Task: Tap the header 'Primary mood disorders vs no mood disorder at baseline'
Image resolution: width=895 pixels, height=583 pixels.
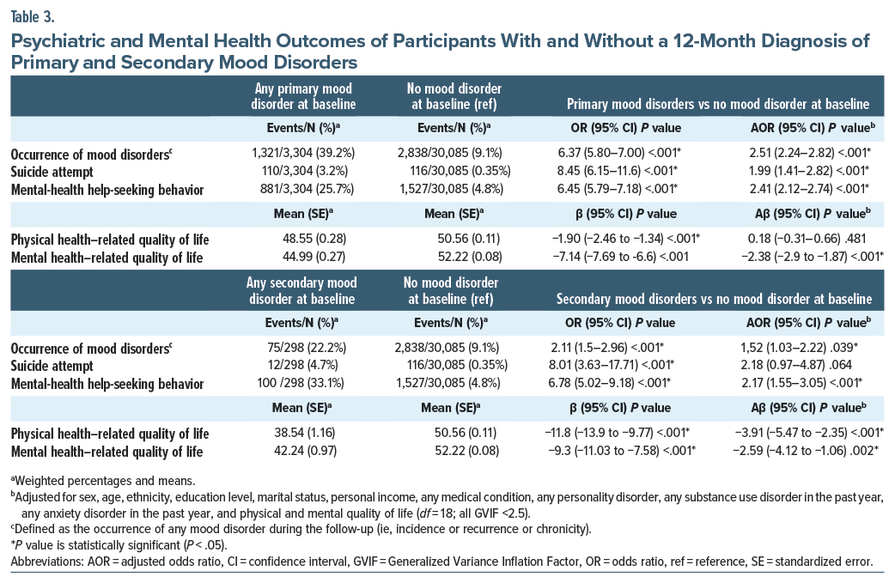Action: coord(718,104)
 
